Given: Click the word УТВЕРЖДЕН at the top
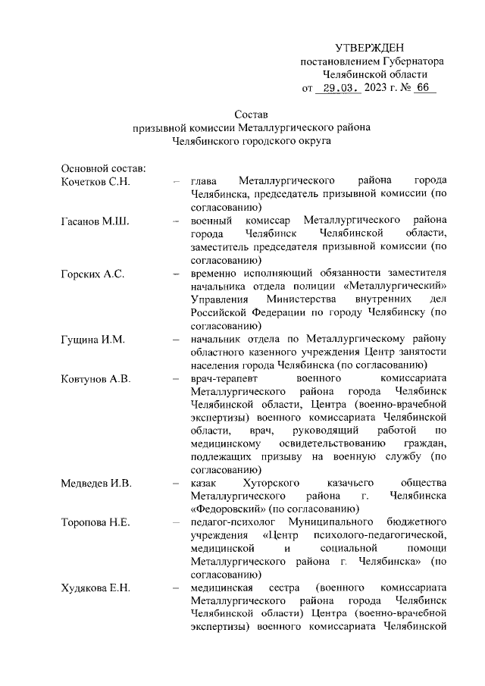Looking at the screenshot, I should (x=371, y=49).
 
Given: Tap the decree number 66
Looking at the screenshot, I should (x=421, y=88).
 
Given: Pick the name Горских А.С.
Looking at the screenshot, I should (x=92, y=273).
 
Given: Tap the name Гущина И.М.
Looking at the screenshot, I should (x=92, y=338).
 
